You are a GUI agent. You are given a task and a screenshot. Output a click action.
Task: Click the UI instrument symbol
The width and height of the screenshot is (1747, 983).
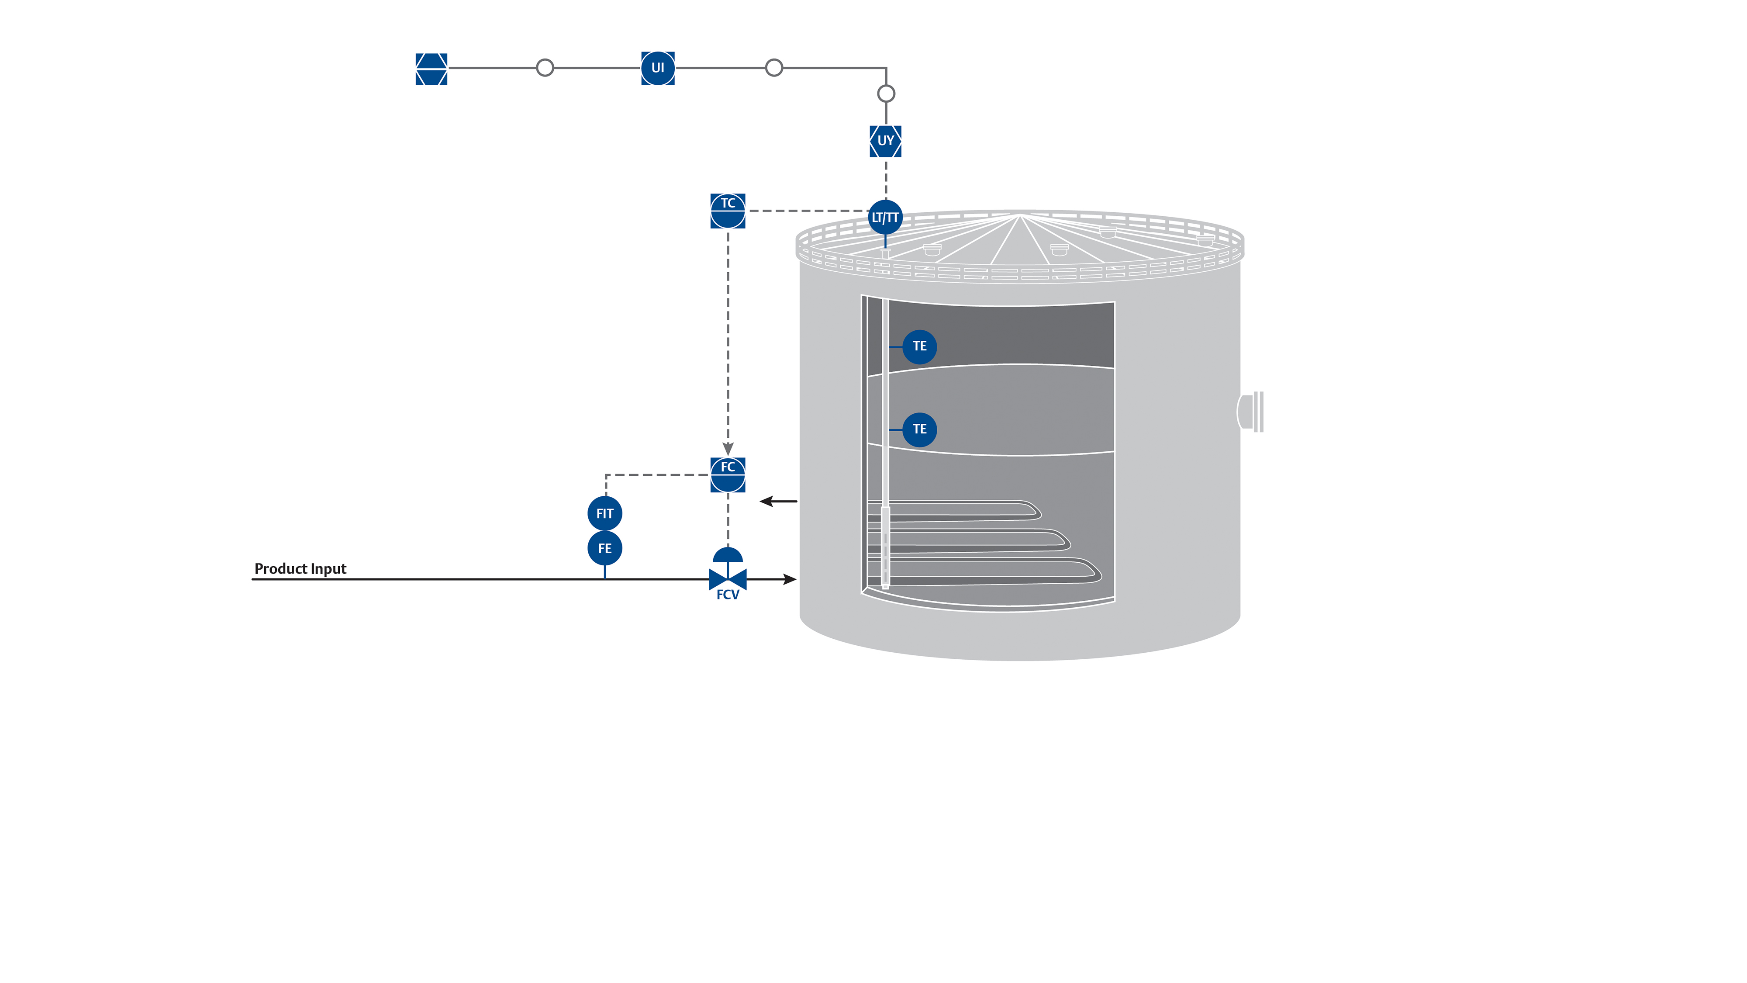click(657, 68)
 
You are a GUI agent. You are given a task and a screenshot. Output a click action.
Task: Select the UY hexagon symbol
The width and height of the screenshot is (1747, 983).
click(885, 141)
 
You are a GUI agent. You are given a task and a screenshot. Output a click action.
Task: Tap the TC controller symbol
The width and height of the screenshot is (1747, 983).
click(728, 211)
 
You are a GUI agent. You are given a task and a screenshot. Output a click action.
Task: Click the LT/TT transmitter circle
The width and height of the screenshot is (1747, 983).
click(885, 217)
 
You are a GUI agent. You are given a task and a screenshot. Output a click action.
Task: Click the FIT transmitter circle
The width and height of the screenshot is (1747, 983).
click(604, 513)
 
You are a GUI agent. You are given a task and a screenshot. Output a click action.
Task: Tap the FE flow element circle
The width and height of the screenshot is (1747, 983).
click(604, 548)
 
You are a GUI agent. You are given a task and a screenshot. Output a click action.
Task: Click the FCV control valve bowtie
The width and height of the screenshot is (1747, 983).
click(728, 579)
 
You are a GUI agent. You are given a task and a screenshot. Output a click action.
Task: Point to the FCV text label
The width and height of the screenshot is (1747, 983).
click(728, 595)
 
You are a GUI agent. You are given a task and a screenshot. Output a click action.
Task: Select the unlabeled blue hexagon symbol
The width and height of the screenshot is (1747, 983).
click(432, 69)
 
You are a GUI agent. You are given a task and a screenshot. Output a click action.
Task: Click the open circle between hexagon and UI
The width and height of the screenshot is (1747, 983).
click(545, 68)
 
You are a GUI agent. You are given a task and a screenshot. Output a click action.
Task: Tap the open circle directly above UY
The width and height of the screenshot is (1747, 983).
click(886, 93)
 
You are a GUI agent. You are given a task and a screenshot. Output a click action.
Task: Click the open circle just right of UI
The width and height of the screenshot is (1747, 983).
click(774, 68)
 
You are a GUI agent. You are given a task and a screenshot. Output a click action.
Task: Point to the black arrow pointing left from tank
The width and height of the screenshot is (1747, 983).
click(777, 502)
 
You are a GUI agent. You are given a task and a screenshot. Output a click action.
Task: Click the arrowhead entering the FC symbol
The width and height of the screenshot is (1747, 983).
click(728, 449)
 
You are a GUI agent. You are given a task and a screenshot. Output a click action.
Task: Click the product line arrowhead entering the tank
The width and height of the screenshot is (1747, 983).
click(789, 579)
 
